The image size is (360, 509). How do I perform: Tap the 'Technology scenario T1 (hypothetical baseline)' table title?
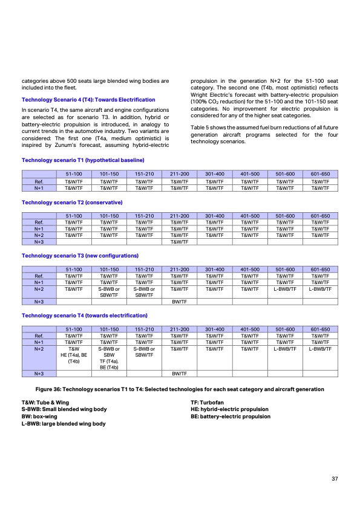(x=83, y=160)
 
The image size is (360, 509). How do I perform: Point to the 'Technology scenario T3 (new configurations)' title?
(x=80, y=256)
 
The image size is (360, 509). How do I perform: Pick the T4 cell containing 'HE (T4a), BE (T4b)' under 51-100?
(x=74, y=355)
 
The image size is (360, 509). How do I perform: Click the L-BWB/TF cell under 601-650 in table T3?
(x=319, y=290)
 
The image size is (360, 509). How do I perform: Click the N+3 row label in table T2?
(x=39, y=242)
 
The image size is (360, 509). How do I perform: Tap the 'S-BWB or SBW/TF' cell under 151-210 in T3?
(x=145, y=293)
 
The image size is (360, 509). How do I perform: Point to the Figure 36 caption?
(x=180, y=389)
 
